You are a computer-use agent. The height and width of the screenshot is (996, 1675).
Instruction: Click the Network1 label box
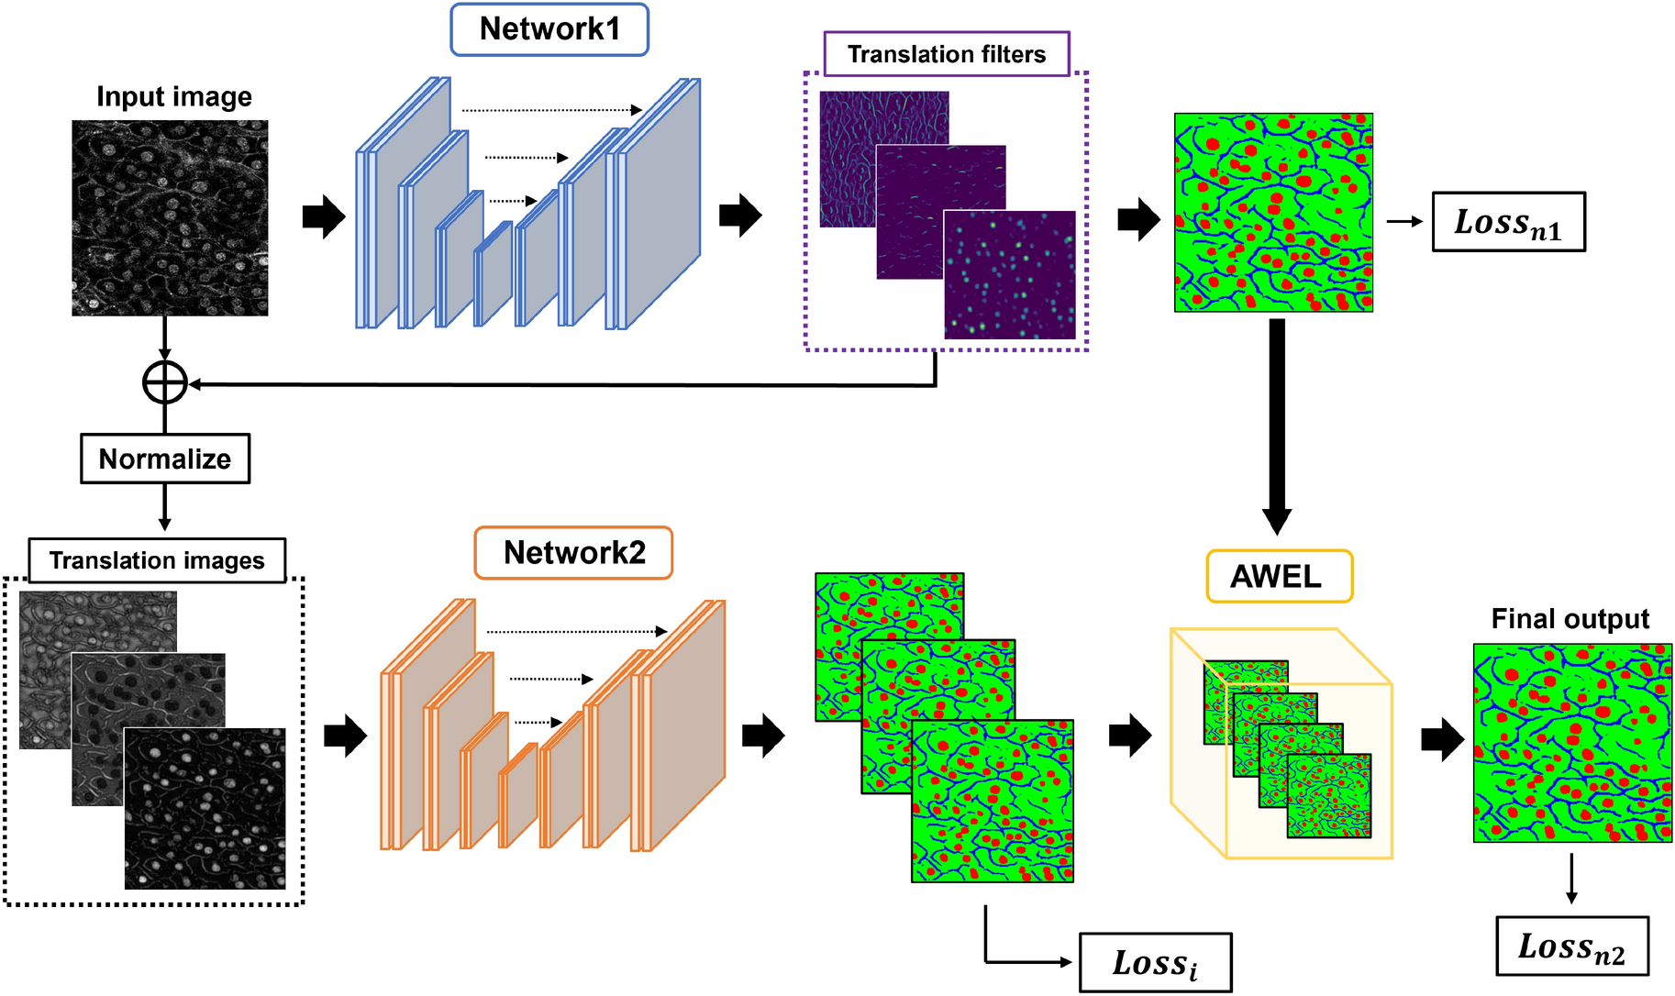[x=549, y=29]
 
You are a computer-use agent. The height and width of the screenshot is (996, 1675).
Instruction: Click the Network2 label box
[x=573, y=552]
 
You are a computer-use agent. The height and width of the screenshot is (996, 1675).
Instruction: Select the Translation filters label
[x=946, y=54]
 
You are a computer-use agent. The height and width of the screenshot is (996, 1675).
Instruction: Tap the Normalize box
[x=165, y=459]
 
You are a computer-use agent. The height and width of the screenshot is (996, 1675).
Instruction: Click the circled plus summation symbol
[x=165, y=382]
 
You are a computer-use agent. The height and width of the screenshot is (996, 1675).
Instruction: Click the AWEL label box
[x=1278, y=576]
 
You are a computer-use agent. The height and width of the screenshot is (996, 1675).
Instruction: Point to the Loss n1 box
[x=1508, y=222]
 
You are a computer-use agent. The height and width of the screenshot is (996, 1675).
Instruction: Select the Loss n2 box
[x=1571, y=946]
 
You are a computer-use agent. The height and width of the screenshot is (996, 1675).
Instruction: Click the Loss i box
[x=1155, y=962]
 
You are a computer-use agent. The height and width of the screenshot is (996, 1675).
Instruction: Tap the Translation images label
[x=157, y=560]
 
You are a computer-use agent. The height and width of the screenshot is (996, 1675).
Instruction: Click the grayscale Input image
[x=170, y=218]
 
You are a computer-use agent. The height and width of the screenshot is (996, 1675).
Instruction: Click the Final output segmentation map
[x=1572, y=743]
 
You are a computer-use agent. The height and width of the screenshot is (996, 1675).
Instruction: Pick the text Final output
[x=1570, y=619]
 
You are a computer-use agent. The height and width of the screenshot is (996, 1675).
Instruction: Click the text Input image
[x=174, y=97]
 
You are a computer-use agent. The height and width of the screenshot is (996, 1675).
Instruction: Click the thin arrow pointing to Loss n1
[x=1403, y=221]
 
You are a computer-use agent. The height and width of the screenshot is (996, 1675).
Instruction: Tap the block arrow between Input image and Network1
[x=323, y=217]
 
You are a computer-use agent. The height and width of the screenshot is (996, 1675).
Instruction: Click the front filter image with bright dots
[x=1009, y=275]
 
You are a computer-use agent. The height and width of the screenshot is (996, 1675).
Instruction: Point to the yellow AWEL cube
[x=1281, y=743]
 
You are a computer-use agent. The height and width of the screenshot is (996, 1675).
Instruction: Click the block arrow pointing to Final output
[x=1442, y=738]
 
